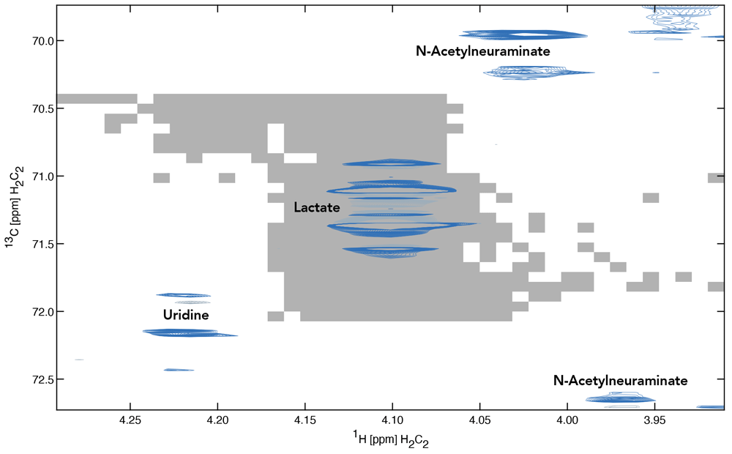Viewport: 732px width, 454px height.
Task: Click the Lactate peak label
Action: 316,208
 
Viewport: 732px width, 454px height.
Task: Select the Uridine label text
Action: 186,316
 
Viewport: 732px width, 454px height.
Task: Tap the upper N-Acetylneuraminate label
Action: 482,52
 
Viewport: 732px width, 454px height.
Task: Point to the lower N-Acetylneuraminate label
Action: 620,381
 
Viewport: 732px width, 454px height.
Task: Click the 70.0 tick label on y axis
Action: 34,41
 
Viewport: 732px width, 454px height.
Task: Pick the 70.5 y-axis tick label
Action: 34,108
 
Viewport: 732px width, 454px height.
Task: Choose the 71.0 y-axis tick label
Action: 34,176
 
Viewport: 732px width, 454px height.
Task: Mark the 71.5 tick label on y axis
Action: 34,244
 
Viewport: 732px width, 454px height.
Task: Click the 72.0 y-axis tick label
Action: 34,312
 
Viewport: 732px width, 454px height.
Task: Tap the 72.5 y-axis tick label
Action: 34,379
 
